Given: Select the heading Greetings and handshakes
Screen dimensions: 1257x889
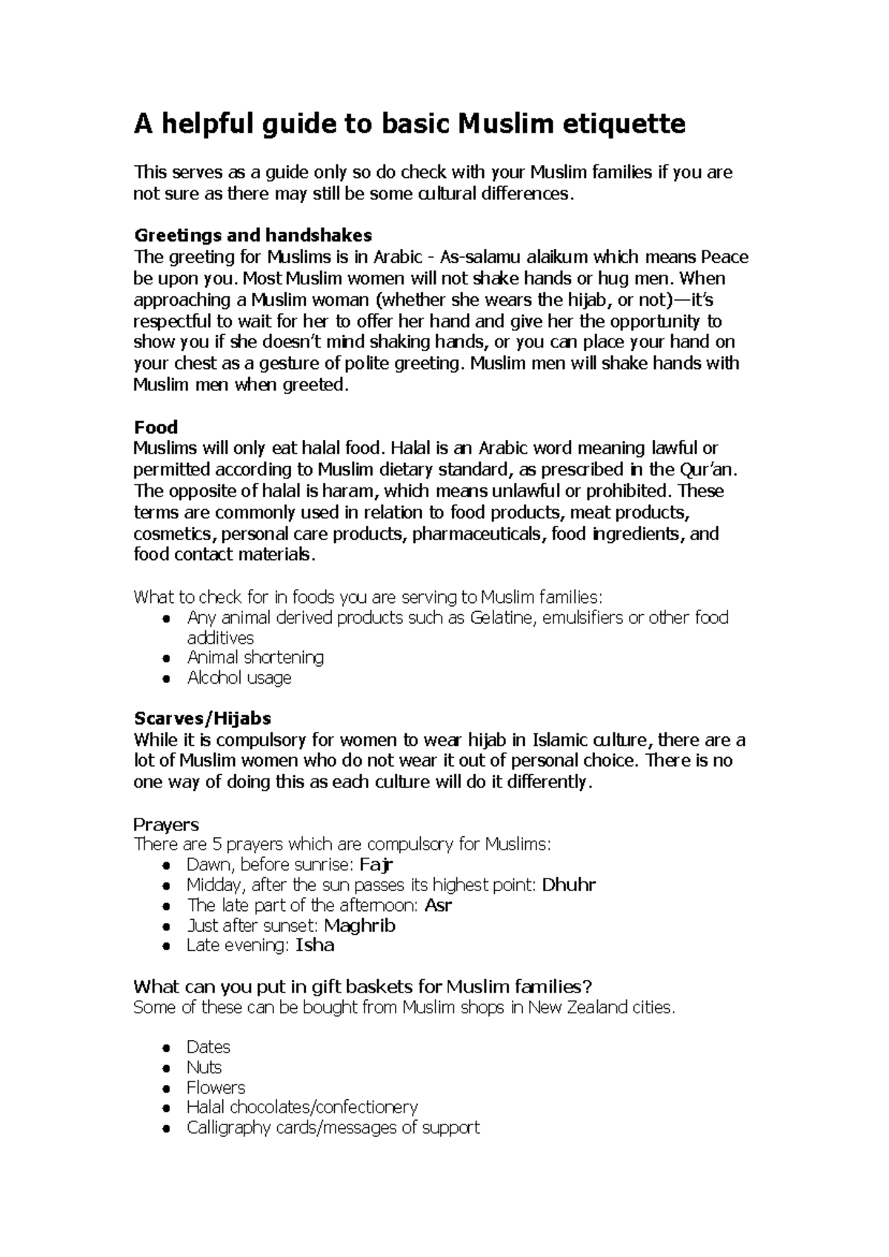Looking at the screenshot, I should pos(253,236).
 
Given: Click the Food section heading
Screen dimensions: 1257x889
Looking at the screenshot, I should pos(156,427).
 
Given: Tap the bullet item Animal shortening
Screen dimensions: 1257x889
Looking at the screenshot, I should pos(255,658).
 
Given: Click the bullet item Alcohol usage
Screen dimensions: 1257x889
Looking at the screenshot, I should pos(239,678).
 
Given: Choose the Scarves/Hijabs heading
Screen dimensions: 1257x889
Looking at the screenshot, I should pos(202,718).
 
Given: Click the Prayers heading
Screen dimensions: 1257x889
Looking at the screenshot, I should pos(166,824).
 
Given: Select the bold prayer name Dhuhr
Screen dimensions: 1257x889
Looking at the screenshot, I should pos(569,884).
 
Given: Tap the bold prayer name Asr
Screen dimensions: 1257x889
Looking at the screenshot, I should pos(438,905).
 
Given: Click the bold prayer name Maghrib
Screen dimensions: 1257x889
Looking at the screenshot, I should pos(359,925).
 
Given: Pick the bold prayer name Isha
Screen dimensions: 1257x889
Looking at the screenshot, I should pos(315,945).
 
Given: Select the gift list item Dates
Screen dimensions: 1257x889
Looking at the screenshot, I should pos(208,1047).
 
